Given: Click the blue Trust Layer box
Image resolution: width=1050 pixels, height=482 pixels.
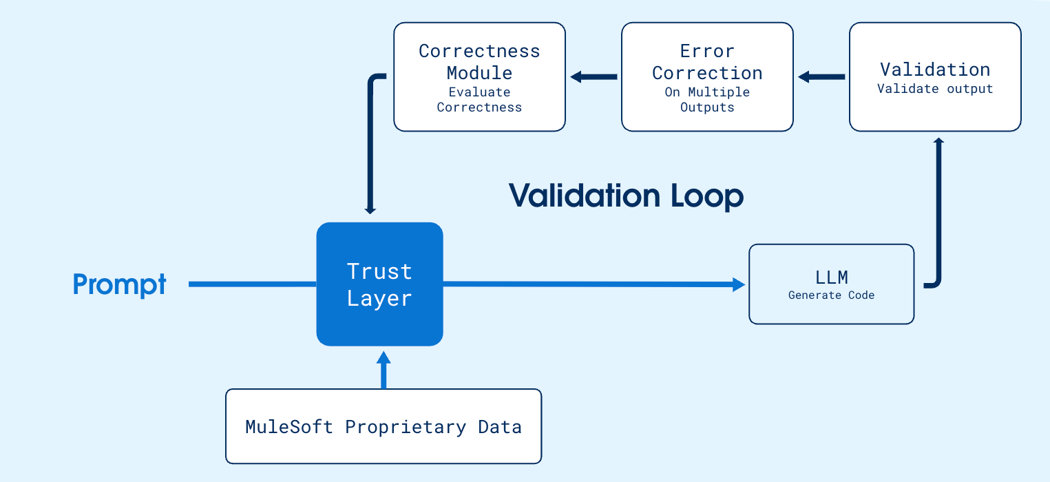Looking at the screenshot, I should tap(379, 284).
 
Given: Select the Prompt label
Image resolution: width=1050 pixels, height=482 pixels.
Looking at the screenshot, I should tap(120, 284).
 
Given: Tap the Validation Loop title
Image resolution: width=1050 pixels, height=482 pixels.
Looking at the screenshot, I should tap(626, 196).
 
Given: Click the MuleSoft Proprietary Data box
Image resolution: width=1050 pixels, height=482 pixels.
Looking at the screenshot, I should tap(384, 426).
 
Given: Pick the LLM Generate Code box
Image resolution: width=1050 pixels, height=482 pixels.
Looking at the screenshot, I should tap(831, 284).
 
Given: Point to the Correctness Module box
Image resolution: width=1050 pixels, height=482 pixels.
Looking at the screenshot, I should tap(479, 76).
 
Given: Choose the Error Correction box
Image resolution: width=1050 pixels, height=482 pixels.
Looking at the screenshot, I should tap(707, 76).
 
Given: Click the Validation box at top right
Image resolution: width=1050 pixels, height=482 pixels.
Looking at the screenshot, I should tap(934, 76).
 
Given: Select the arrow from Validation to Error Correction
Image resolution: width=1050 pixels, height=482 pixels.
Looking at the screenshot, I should tap(821, 77).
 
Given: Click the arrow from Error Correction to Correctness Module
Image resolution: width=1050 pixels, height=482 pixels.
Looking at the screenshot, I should tap(594, 77).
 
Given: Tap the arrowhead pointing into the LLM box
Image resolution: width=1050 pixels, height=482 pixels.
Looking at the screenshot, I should tap(739, 284).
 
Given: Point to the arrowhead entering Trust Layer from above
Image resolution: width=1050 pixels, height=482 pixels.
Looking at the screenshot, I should tap(370, 209).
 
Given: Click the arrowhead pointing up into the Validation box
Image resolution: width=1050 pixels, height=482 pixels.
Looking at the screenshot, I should tap(937, 141).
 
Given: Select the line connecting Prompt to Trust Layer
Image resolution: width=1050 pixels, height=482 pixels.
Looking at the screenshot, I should tap(252, 284).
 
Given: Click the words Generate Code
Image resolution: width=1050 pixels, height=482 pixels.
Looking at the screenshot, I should tap(831, 295).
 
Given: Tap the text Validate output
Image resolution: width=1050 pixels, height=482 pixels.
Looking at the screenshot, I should tap(934, 89).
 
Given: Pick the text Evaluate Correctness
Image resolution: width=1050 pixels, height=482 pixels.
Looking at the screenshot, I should tap(479, 99).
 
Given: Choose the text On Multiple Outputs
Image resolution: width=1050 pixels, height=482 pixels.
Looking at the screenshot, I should tap(707, 99).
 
